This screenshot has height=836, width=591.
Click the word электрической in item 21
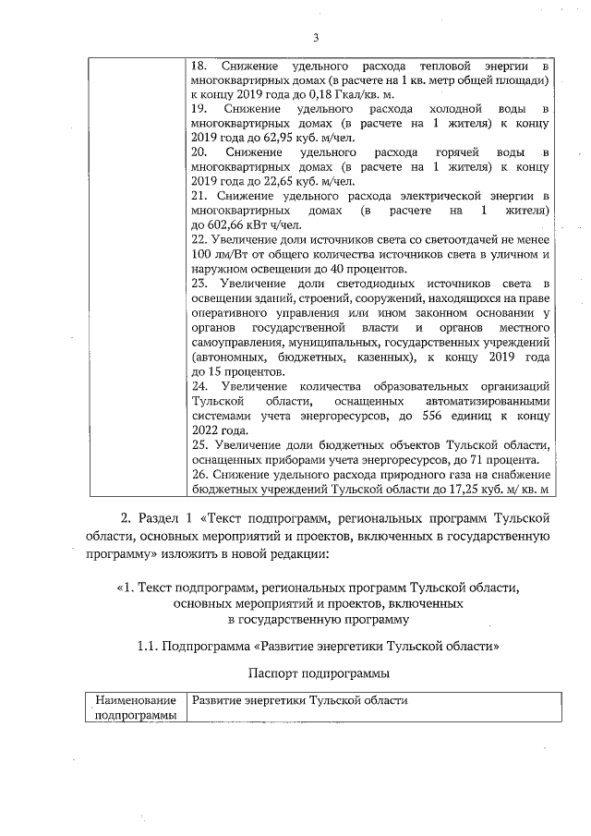[x=433, y=196]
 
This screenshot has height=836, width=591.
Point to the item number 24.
[x=199, y=384]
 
